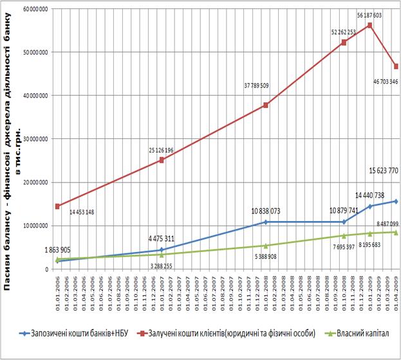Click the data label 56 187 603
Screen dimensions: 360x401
coord(369,14)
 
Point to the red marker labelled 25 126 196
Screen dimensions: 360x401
coord(162,160)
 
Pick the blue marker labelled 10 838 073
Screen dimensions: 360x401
coord(265,222)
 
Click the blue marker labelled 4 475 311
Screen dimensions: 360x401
coord(162,250)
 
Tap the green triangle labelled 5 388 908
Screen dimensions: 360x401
coord(265,246)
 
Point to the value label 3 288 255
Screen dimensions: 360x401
coord(167,265)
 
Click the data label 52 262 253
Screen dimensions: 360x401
coord(343,31)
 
